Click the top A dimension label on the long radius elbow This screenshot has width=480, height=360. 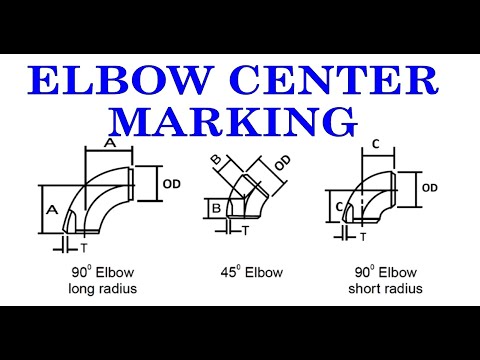point(109,143)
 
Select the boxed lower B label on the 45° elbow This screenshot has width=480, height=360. point(215,208)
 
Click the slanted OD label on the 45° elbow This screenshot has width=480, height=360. point(283,162)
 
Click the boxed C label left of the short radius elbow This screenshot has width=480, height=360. point(340,207)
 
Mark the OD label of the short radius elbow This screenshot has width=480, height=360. point(430,187)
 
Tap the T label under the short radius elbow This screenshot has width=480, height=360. point(363,237)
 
